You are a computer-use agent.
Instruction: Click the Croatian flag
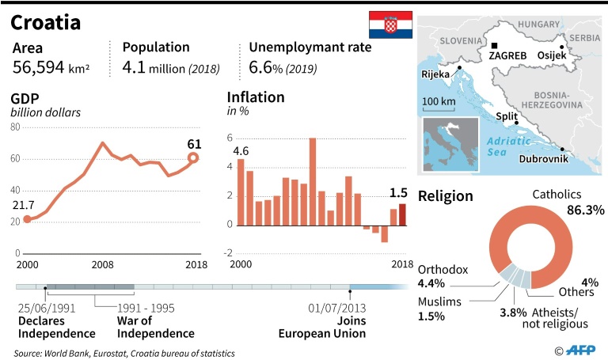click(x=390, y=25)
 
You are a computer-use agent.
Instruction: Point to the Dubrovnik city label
click(x=545, y=159)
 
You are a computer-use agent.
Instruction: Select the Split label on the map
click(x=506, y=116)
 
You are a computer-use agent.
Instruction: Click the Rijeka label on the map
click(x=436, y=74)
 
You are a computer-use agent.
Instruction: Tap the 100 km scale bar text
click(x=439, y=101)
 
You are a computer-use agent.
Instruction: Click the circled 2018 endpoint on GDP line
click(x=193, y=158)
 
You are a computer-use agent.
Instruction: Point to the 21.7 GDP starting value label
click(x=24, y=204)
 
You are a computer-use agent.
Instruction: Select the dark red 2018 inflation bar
click(x=402, y=214)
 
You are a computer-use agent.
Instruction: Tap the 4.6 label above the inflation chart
click(x=241, y=150)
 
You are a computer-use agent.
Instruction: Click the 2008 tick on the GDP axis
click(x=101, y=263)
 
